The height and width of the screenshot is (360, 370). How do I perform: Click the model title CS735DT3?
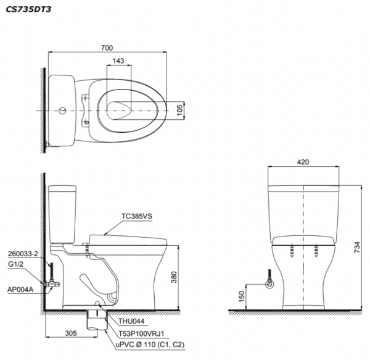coord(28,9)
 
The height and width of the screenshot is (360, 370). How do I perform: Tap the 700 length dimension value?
coord(107,48)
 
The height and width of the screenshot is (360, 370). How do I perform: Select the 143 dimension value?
coord(118,61)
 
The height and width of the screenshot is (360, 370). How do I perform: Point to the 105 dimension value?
coord(180,110)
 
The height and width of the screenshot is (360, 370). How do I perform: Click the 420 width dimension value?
coord(303,162)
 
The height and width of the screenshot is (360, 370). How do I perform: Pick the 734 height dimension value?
coord(357,248)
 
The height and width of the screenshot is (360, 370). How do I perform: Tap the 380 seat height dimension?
coord(174,277)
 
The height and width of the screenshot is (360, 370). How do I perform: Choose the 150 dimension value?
coord(242,296)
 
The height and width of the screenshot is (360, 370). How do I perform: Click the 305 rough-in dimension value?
coord(71,333)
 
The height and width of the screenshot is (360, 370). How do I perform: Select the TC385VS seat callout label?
coord(137,216)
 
